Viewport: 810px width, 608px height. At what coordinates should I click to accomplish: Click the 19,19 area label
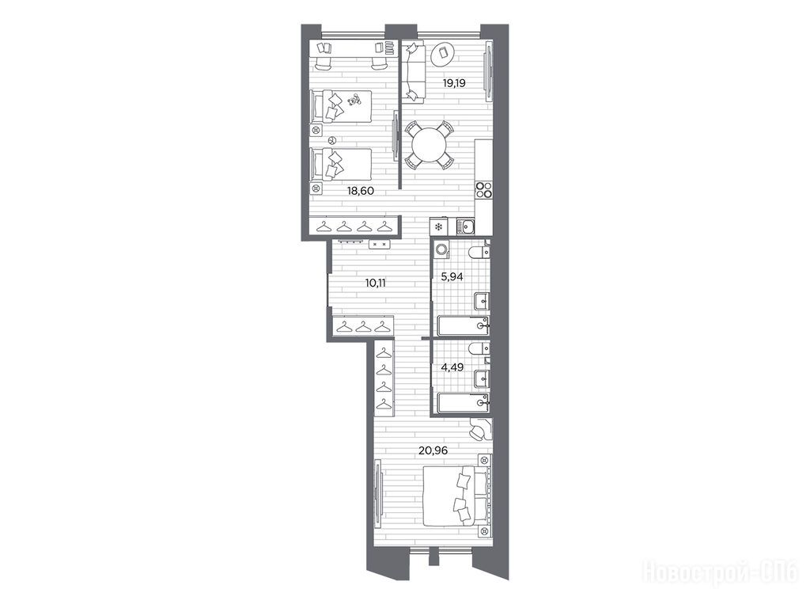click(454, 82)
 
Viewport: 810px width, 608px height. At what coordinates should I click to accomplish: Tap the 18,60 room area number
click(360, 191)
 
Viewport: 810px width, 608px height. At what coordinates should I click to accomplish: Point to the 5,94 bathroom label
click(452, 276)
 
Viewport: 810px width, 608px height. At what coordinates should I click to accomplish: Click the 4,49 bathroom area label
click(452, 367)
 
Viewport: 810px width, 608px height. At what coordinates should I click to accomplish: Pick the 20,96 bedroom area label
click(433, 450)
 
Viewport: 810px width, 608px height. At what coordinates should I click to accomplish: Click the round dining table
click(429, 145)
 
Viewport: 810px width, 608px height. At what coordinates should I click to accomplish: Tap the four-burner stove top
click(483, 190)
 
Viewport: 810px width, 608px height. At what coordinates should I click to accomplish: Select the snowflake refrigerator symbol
click(438, 226)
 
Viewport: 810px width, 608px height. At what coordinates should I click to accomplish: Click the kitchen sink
click(467, 226)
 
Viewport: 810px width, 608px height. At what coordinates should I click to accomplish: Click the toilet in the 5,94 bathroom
click(479, 252)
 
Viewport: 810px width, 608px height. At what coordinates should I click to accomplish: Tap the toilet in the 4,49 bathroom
click(479, 348)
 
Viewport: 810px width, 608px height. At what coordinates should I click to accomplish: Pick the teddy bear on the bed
click(353, 100)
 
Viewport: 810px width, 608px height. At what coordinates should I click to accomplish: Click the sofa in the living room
click(414, 71)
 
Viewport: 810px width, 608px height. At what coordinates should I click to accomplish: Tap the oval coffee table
click(443, 54)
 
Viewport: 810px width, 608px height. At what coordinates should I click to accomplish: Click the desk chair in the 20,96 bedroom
click(478, 430)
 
